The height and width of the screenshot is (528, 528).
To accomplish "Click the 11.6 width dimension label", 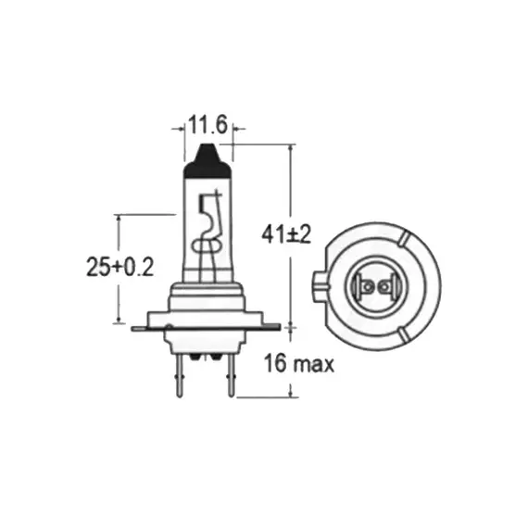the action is tap(207, 125).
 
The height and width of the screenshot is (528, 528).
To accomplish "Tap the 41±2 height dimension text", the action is tap(286, 234).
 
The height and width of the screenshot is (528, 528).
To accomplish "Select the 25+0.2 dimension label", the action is tap(119, 267).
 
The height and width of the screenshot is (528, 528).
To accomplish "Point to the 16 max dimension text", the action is tap(299, 363).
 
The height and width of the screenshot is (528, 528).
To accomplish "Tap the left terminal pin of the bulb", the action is tap(180, 375).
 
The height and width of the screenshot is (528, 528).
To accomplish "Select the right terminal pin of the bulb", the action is tap(231, 375).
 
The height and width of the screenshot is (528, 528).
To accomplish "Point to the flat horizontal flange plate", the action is tap(206, 327).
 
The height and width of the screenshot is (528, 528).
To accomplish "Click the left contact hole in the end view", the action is tap(369, 287).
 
